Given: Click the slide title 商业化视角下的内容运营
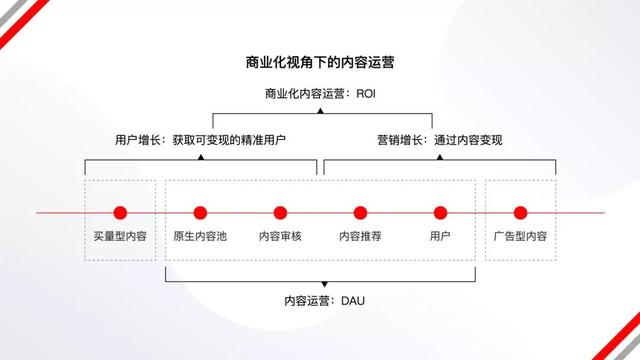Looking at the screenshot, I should click(x=320, y=63).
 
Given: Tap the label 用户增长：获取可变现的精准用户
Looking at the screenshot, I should click(x=201, y=140).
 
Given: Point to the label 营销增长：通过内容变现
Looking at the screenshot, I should click(x=439, y=140).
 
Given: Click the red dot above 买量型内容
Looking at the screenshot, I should click(x=120, y=212).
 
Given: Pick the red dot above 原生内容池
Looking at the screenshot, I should click(x=200, y=212).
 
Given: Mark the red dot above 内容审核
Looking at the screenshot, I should click(x=280, y=212).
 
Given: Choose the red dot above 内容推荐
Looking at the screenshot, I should click(x=360, y=212).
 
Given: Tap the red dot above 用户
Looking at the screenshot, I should click(x=440, y=212).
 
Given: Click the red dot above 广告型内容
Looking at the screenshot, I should click(x=520, y=212).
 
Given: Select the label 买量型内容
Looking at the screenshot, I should click(x=120, y=237).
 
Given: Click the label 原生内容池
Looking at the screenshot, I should click(x=200, y=237).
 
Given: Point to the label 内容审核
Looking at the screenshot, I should click(x=280, y=237).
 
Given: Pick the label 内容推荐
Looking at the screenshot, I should click(x=360, y=237).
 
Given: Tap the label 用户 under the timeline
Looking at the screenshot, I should click(x=440, y=237).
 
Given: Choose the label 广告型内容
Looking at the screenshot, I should click(x=520, y=237).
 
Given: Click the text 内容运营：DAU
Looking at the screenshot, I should click(x=320, y=300).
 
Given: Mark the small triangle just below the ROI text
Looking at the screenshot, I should click(x=320, y=111).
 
